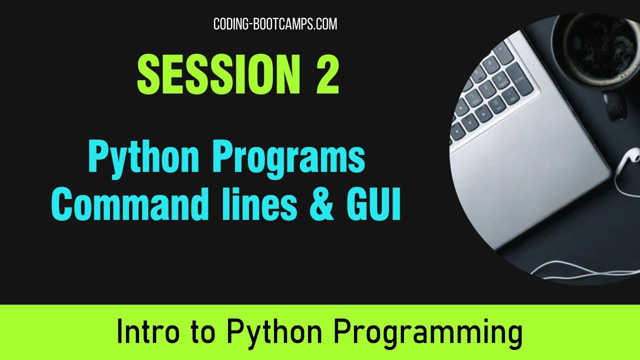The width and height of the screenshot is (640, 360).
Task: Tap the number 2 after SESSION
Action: (327, 75)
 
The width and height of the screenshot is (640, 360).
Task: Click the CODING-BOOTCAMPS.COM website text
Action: (275, 24)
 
